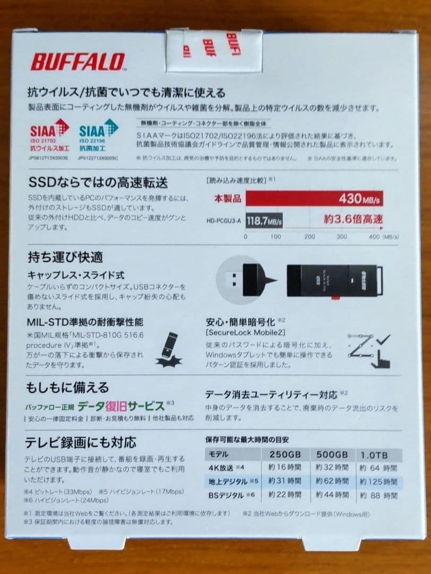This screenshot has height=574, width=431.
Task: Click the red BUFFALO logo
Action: click(x=77, y=62)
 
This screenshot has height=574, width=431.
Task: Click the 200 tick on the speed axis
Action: click(x=309, y=236)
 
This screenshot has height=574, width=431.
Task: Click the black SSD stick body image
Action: click(x=334, y=281)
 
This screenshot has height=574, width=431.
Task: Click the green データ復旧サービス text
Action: click(x=120, y=406)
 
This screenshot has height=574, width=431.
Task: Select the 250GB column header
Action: click(x=286, y=455)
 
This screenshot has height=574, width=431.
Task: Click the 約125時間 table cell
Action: click(x=378, y=482)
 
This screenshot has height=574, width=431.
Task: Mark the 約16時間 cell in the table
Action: click(x=286, y=468)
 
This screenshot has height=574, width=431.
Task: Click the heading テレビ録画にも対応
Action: click(x=81, y=442)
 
